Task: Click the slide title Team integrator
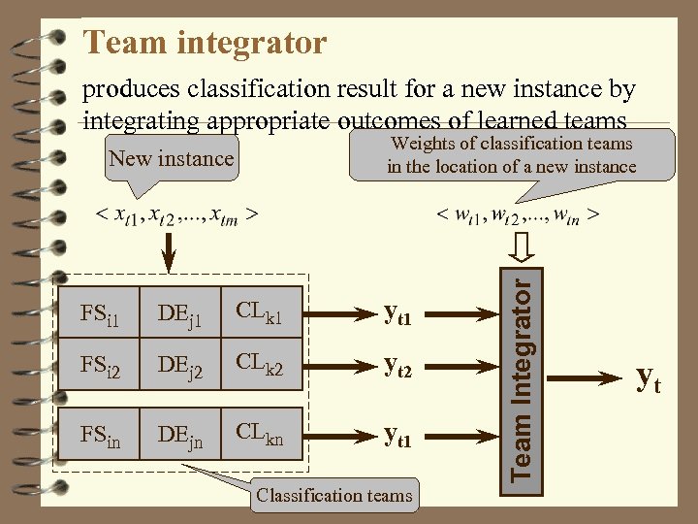(205, 43)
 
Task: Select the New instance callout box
(172, 159)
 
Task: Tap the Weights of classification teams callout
(511, 155)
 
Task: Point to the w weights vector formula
(516, 213)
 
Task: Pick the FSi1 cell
(100, 312)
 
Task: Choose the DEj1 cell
(181, 312)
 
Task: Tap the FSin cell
(100, 441)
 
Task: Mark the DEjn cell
(181, 441)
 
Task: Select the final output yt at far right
(648, 378)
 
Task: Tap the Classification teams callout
(334, 496)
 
